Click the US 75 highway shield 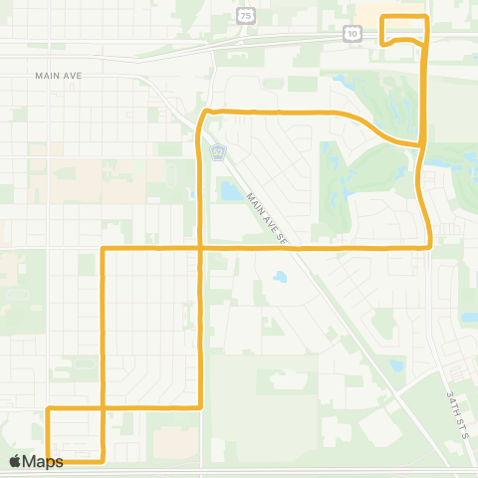pos(246,16)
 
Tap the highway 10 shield pos(354,33)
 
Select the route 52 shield pos(218,151)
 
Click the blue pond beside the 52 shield pos(229,188)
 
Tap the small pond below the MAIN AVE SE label pos(280,276)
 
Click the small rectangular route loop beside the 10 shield pos(404,29)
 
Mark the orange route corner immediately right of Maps pos(104,460)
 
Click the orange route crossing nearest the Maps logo pos(104,408)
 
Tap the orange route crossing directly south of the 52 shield pos(202,246)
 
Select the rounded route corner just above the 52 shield pos(205,113)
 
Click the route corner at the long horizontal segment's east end pos(428,244)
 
